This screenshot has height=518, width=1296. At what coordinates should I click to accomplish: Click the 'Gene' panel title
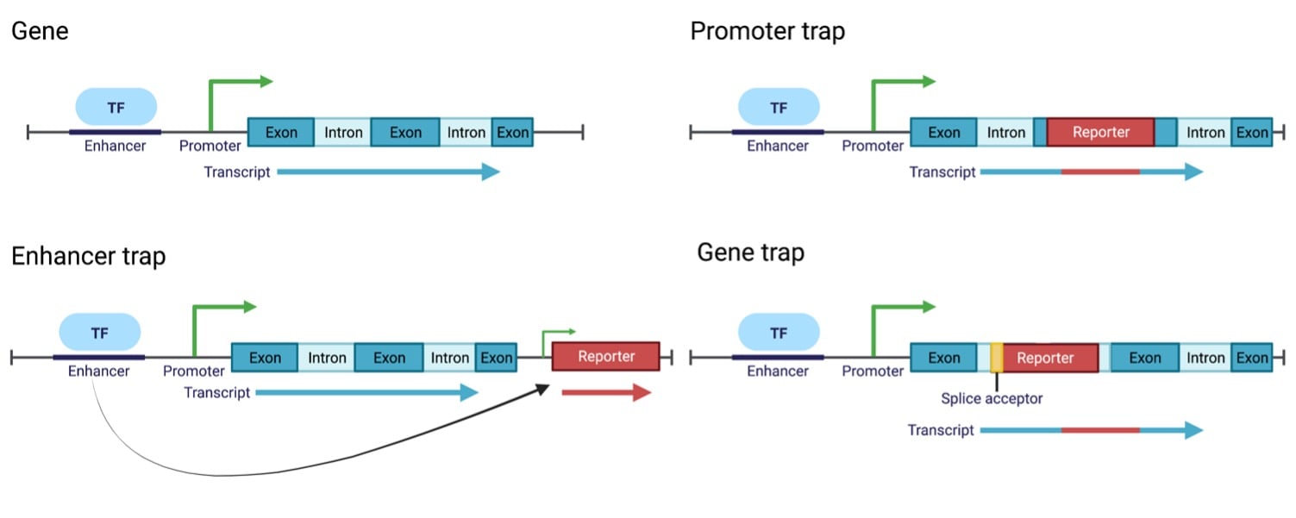(40, 32)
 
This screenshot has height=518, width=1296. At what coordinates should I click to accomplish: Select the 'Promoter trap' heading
(767, 32)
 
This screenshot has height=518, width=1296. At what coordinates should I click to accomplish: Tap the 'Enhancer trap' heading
(88, 255)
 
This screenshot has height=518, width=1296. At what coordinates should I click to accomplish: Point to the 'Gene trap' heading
(750, 253)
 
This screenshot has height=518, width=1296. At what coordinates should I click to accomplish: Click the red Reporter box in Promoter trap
(1100, 132)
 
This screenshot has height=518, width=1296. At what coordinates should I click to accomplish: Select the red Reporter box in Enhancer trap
(605, 356)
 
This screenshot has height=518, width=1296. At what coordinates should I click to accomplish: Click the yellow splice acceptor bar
(996, 358)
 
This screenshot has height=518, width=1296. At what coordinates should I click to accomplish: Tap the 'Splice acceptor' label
(992, 398)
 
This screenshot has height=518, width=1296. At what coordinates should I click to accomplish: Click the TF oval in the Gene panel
(116, 107)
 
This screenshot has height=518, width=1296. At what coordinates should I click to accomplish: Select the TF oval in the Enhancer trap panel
(99, 332)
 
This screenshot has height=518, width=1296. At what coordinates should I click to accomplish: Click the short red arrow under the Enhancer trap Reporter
(605, 393)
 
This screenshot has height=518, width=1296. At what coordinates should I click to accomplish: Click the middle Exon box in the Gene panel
(405, 132)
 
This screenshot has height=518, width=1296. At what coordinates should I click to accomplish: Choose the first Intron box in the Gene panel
(343, 132)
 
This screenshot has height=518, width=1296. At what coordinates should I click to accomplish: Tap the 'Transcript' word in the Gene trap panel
(940, 430)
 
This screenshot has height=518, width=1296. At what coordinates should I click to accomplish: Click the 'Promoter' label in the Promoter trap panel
(873, 146)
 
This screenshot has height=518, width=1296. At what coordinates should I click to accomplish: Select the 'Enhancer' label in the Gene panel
(115, 146)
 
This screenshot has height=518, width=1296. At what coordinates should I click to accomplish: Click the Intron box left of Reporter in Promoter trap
(1005, 132)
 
